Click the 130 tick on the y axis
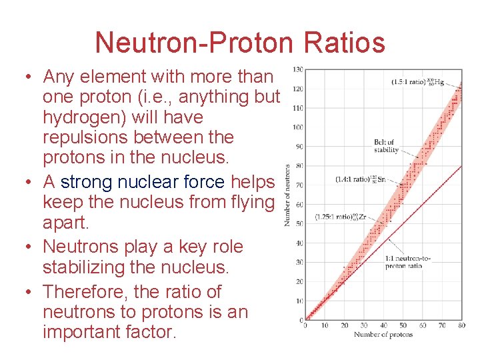click(297, 69)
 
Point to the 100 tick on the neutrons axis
click(297, 127)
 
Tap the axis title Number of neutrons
click(287, 195)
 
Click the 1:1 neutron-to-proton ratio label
click(404, 262)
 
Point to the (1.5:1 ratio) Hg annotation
click(419, 83)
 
